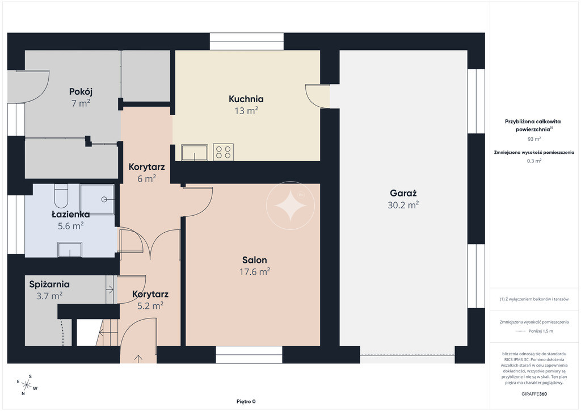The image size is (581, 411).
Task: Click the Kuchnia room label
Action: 246,99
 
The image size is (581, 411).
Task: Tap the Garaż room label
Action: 403,193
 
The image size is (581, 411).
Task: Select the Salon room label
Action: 255,260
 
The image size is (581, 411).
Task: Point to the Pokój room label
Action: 81,91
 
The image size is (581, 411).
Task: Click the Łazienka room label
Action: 70,214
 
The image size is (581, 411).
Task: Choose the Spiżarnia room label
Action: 49,284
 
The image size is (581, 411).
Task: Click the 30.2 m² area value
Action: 403,205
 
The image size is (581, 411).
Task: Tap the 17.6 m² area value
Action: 255,272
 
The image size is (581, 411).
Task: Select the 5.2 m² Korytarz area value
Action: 150,306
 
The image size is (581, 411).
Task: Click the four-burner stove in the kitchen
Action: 223,152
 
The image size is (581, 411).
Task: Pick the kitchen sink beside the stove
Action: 194,152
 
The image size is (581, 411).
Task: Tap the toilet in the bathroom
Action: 61,196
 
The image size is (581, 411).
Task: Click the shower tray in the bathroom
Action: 97,199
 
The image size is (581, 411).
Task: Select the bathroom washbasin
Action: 70,249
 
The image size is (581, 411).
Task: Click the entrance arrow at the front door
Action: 138,359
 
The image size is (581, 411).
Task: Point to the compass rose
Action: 27,385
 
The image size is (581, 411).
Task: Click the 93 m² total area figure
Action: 534,139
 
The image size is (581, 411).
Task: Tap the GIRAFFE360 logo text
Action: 534,394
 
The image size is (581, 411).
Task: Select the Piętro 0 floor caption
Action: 246,401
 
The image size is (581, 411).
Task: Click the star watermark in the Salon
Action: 290,205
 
